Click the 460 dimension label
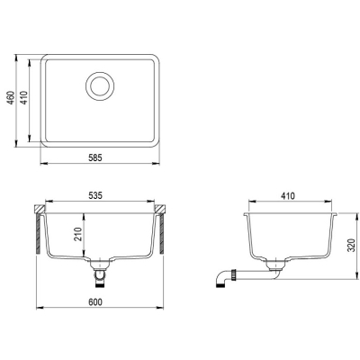pos(11,97)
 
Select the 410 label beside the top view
pos(24,97)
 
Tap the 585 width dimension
pos(95,157)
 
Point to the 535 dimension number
pos(95,195)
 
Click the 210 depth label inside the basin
pos(78,234)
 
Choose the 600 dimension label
pos(95,302)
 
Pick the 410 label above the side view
pos(288,196)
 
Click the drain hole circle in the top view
pos(100,86)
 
